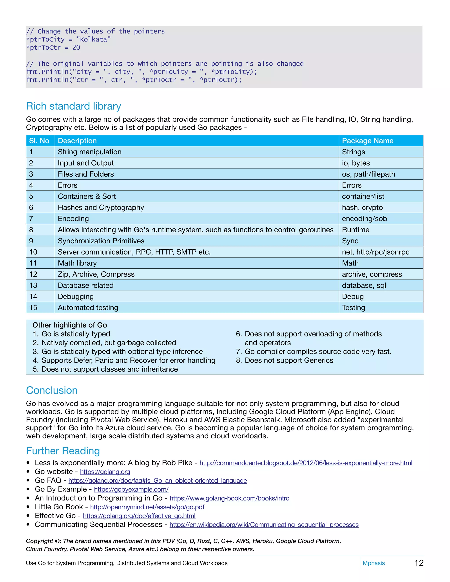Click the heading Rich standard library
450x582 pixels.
[73, 106]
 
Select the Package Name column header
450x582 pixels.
[367, 141]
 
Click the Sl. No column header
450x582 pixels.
[39, 141]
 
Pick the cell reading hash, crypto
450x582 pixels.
[362, 207]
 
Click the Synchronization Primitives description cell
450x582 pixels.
[101, 241]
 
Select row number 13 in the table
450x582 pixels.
[33, 286]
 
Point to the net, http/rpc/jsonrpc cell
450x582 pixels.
[375, 252]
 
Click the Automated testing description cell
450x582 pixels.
[88, 307]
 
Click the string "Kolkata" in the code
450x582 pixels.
[93, 40]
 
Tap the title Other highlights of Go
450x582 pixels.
[70, 325]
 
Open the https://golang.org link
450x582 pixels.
[105, 472]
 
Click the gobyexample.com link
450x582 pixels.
[131, 489]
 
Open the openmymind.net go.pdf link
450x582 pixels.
[147, 507]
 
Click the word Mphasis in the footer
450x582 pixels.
[374, 563]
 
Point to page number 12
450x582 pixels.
[419, 563]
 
